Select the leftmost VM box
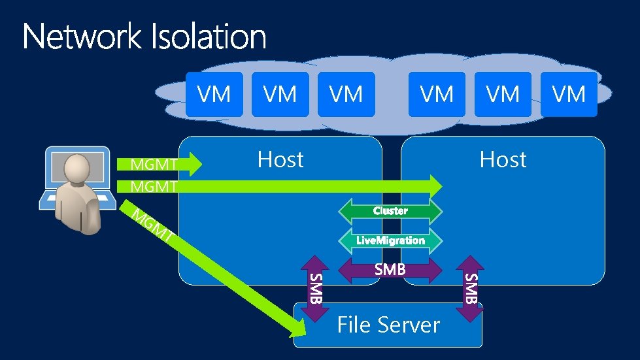(214, 95)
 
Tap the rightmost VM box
(569, 95)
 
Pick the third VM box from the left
(346, 95)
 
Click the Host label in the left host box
(280, 159)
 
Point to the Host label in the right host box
(503, 159)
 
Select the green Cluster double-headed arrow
(390, 210)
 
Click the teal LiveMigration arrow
(390, 240)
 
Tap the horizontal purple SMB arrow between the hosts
(390, 269)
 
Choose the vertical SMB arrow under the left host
(315, 288)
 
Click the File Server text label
(388, 325)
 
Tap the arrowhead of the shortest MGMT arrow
(193, 164)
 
